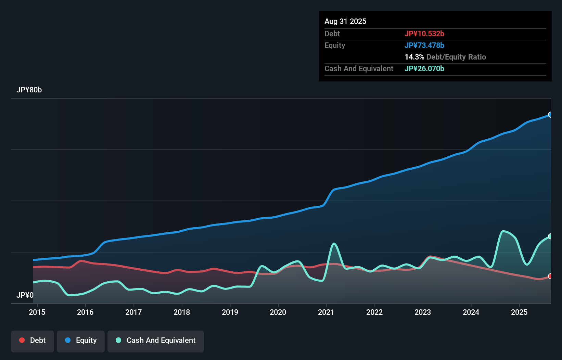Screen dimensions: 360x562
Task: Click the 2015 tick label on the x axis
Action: (37, 312)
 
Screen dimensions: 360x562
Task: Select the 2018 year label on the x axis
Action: (182, 312)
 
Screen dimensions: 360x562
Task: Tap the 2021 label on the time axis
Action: (326, 312)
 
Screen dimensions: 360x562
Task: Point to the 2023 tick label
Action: (423, 312)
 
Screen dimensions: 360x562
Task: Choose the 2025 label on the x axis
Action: (519, 312)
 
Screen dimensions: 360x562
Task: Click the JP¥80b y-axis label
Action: (29, 90)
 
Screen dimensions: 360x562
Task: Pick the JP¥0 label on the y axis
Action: (25, 295)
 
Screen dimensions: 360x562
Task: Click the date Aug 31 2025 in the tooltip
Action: (345, 21)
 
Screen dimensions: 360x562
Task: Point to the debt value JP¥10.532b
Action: (424, 34)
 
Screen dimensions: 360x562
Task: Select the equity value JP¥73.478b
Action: (424, 45)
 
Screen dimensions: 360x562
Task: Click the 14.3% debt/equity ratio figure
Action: (414, 57)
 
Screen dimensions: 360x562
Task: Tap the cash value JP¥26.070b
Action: (424, 68)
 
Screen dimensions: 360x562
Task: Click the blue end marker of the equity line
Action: (550, 115)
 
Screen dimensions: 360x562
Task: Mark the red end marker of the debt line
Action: (550, 276)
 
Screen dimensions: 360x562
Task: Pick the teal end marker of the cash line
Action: (550, 236)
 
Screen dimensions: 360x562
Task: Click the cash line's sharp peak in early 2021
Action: (334, 244)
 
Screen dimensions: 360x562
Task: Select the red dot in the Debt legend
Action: (22, 340)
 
